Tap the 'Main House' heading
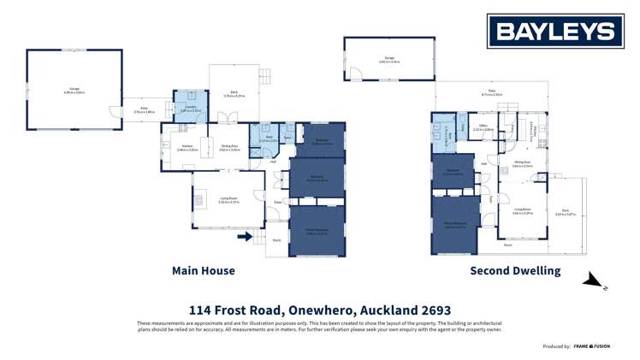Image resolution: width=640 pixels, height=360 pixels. pos(204,270)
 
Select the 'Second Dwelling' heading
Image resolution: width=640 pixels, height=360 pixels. pos(515,270)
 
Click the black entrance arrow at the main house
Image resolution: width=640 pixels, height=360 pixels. pos(246,235)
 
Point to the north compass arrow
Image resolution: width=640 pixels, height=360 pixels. pos(593,280)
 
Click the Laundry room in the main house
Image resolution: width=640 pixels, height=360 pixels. pos(189,107)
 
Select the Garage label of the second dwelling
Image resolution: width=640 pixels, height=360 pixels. pos(389,60)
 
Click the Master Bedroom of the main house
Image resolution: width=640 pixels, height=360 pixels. pos(317,229)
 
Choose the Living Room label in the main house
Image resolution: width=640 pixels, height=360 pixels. pos(228,201)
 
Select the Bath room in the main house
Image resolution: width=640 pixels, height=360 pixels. pos(268,139)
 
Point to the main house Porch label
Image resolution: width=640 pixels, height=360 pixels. pos(277,240)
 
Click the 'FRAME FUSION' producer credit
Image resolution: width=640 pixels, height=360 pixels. pos(592,346)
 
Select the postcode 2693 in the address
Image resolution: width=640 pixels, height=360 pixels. pos(434,310)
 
